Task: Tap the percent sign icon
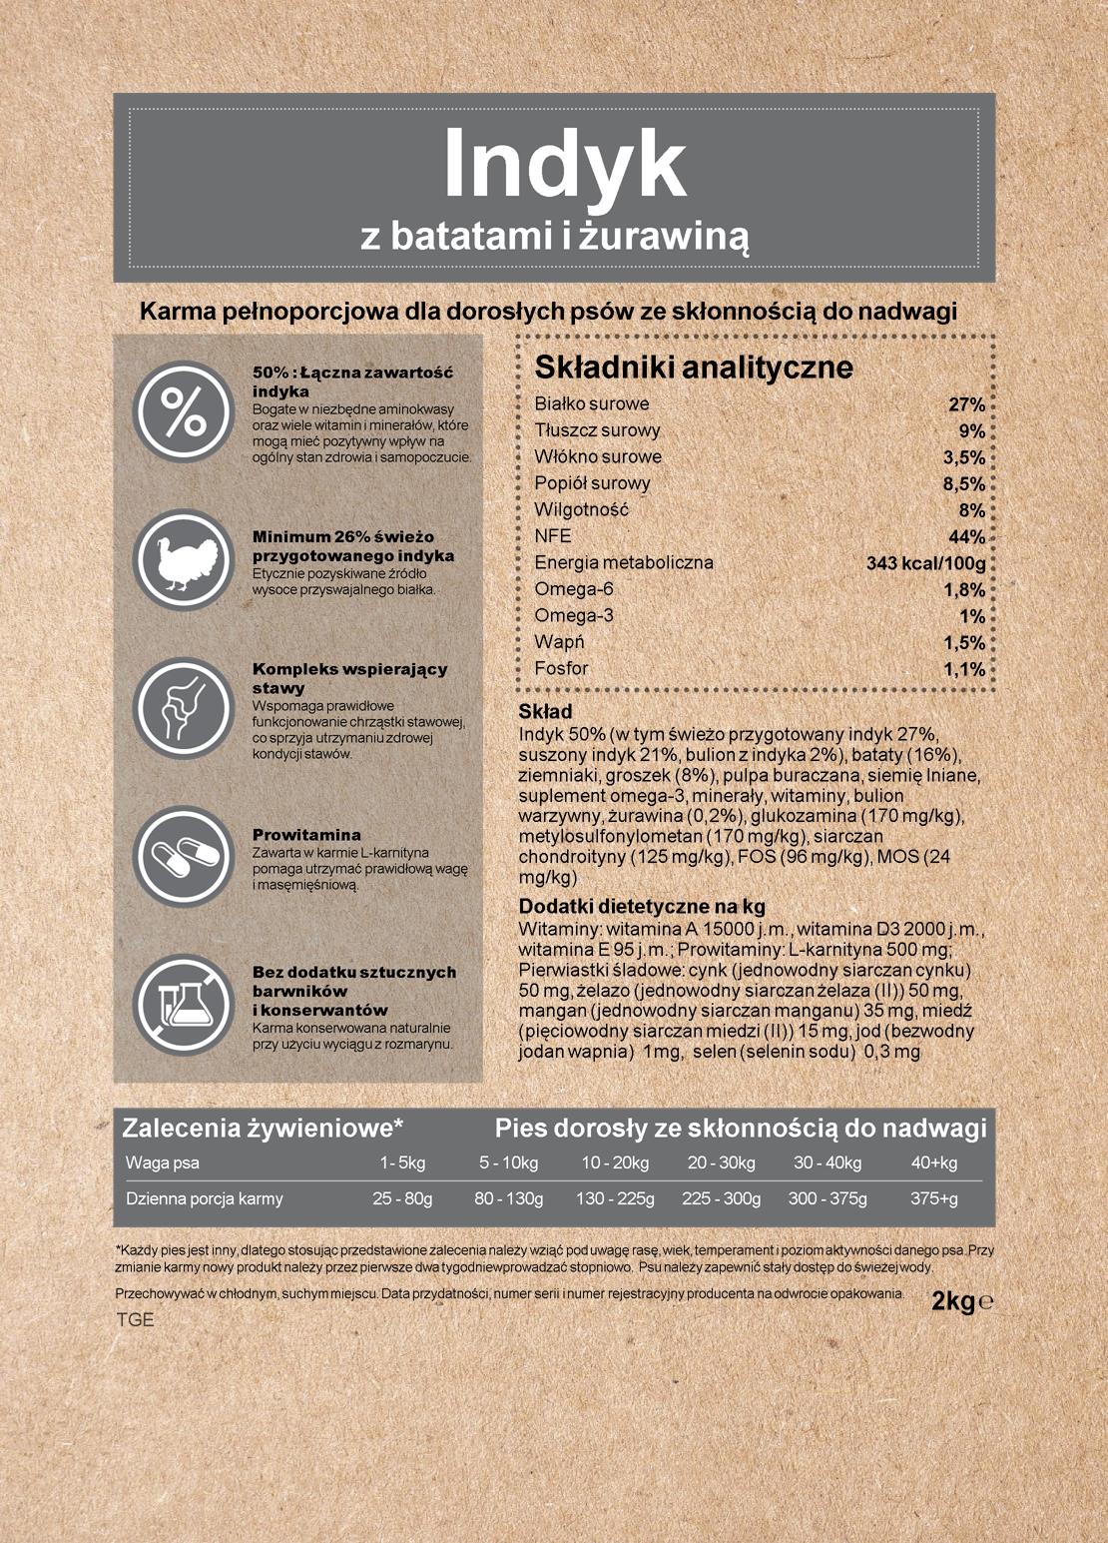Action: [x=183, y=410]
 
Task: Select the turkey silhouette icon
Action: [x=183, y=560]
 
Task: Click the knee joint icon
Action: [x=183, y=707]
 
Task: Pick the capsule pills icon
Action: [x=183, y=857]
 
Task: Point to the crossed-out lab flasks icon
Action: [x=183, y=1005]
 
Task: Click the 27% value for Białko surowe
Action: [x=966, y=404]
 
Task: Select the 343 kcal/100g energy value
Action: [x=925, y=563]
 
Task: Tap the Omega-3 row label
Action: [x=574, y=615]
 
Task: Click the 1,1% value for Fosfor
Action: [x=964, y=669]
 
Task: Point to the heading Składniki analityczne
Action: [x=694, y=368]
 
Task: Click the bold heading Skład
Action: [x=545, y=712]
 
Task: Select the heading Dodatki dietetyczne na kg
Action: [x=642, y=907]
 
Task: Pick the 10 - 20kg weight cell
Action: [x=615, y=1162]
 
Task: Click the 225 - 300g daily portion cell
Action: [x=721, y=1198]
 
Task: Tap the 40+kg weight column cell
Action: [x=933, y=1162]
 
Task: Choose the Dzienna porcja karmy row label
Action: [x=205, y=1198]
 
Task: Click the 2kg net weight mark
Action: [x=953, y=1301]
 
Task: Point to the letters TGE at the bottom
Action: [x=136, y=1319]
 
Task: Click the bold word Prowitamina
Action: [x=306, y=835]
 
